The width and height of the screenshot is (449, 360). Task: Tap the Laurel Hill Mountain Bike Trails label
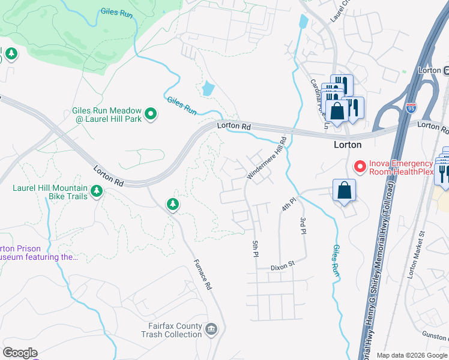(50, 192)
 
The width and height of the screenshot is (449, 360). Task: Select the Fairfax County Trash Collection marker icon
(211, 329)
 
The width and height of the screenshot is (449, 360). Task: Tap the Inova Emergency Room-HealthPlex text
(400, 167)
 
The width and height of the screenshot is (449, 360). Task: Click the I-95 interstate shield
(411, 109)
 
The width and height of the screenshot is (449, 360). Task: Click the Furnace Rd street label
(204, 275)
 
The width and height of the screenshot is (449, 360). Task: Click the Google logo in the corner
(20, 353)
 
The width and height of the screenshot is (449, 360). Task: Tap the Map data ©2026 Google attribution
(412, 355)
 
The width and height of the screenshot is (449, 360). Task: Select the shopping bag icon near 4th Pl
(345, 191)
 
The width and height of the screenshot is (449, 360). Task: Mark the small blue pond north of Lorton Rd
(208, 89)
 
